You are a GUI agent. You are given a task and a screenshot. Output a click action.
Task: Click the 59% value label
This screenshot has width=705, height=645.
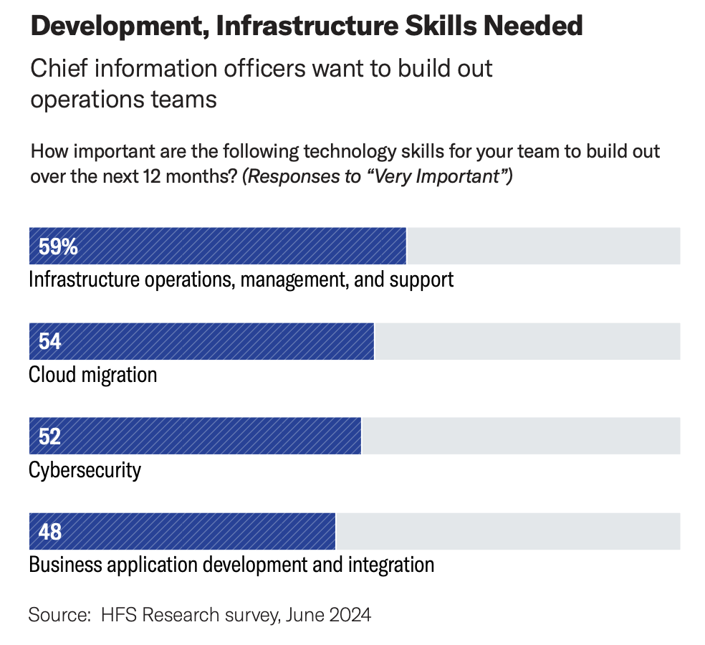(x=58, y=247)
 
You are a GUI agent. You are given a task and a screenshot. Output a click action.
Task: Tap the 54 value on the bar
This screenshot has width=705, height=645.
(x=49, y=342)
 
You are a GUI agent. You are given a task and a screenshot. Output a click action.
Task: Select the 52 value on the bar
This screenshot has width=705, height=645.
(x=49, y=436)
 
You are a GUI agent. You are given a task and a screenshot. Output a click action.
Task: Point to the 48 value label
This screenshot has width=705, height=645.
(x=50, y=532)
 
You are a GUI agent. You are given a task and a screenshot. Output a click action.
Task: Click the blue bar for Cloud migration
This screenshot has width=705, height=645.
(x=215, y=342)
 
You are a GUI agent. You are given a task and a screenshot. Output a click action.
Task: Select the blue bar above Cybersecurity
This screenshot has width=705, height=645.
(x=208, y=436)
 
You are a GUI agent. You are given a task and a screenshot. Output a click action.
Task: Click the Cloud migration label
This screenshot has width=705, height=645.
(x=92, y=374)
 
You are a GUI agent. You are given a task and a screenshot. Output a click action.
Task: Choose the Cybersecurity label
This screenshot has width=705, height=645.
(x=85, y=469)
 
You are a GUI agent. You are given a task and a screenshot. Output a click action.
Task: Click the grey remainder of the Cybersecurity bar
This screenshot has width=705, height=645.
(x=521, y=436)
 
